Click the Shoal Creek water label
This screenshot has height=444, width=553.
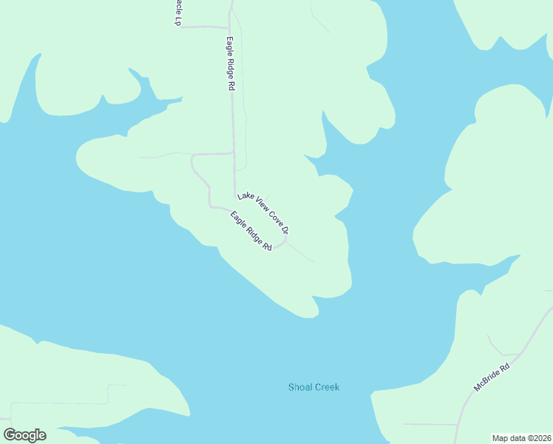point(313,387)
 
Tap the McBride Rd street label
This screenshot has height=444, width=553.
point(492,378)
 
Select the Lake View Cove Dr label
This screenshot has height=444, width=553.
point(262,214)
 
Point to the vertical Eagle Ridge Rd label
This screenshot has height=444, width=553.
point(231,64)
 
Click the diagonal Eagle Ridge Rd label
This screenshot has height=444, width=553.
point(251,231)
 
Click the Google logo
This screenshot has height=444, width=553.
point(24,435)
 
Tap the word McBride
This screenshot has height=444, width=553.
point(488,382)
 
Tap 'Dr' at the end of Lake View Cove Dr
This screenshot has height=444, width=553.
point(284,232)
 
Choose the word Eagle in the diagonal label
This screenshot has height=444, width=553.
point(239,220)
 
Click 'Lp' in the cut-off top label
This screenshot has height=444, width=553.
point(177,21)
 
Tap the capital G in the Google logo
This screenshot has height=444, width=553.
point(10,434)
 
